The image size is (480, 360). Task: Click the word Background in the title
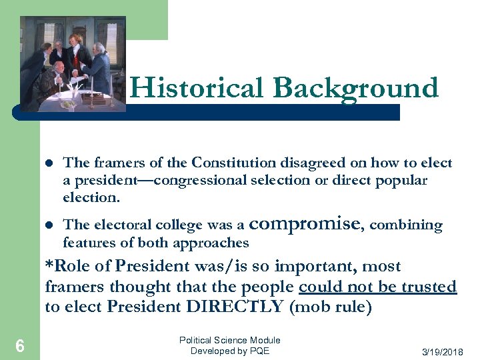pyautogui.click(x=355, y=89)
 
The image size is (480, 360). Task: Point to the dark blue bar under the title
pyautogui.click(x=267, y=113)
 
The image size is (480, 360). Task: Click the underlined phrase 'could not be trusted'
pyautogui.click(x=377, y=287)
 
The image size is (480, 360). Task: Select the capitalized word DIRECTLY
pyautogui.click(x=222, y=307)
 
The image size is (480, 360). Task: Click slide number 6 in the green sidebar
pyautogui.click(x=20, y=345)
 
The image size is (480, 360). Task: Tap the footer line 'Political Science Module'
pyautogui.click(x=230, y=340)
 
